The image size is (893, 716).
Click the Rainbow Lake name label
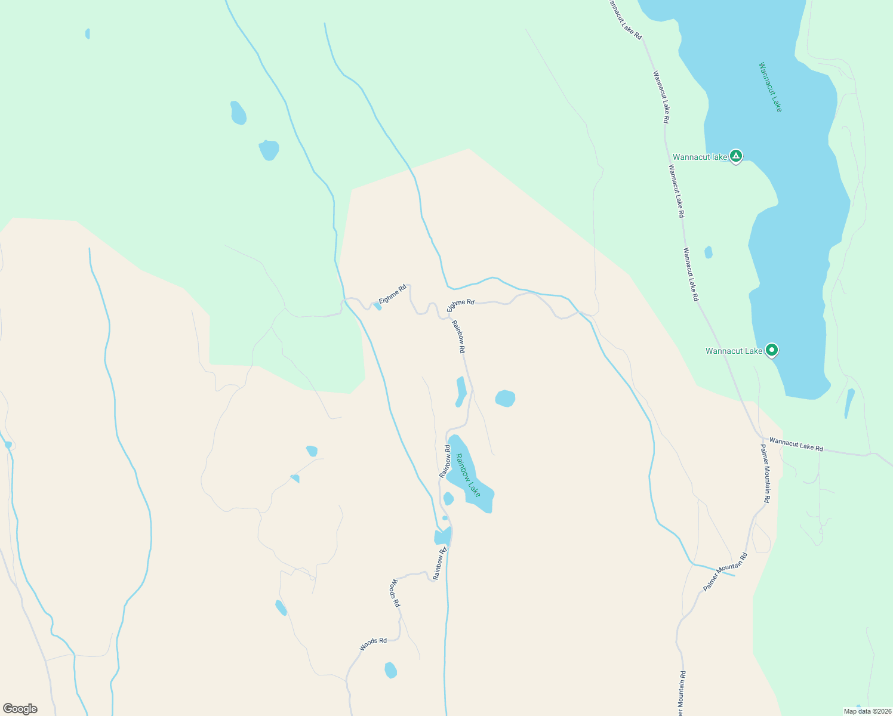468,475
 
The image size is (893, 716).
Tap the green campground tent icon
736,156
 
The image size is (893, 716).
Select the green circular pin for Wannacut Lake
772,350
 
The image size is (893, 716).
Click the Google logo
20,709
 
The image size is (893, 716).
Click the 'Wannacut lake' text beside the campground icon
700,158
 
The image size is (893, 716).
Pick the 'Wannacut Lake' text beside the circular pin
734,351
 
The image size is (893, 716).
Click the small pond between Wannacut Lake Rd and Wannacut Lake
709,252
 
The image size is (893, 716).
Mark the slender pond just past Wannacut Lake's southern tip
849,403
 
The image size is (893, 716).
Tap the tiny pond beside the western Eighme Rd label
377,306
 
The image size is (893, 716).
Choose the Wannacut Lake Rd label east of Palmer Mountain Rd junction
796,445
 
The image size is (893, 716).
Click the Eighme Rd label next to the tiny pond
393,294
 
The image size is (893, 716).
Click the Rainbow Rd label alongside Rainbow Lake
445,461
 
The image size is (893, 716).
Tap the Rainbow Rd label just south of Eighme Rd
458,338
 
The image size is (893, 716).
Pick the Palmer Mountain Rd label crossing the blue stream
725,572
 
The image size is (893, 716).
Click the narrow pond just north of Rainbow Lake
461,391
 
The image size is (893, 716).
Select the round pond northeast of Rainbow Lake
505,398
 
